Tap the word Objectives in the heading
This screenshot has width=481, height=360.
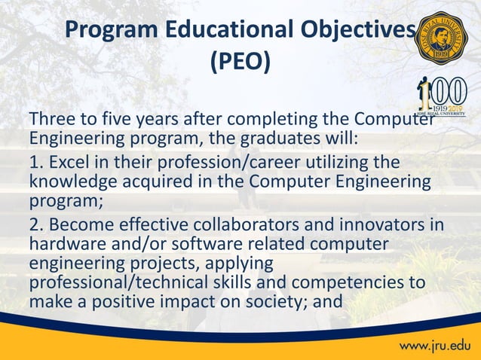pyautogui.click(x=361, y=30)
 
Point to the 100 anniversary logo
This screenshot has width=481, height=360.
pyautogui.click(x=440, y=99)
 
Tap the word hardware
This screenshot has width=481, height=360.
pyautogui.click(x=63, y=245)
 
